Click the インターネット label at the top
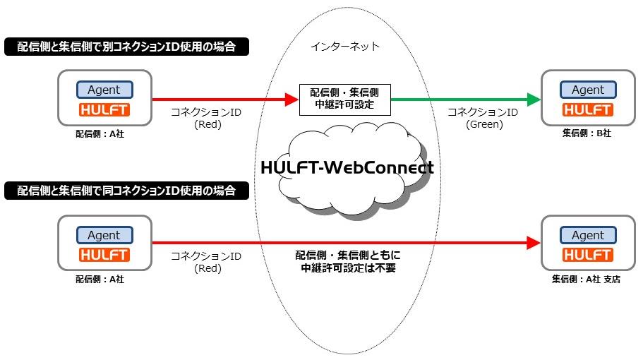pyautogui.click(x=345, y=47)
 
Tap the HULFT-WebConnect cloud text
pyautogui.click(x=347, y=167)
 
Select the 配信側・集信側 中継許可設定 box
pyautogui.click(x=345, y=100)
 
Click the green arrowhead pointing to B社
pyautogui.click(x=534, y=100)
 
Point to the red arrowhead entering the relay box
pyautogui.click(x=292, y=100)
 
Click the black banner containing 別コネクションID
pyautogui.click(x=127, y=47)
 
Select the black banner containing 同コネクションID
pyautogui.click(x=127, y=191)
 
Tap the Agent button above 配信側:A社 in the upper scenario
pyautogui.click(x=104, y=90)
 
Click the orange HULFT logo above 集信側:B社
pyautogui.click(x=588, y=110)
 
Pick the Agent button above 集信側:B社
pyautogui.click(x=588, y=90)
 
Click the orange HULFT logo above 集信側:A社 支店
pyautogui.click(x=588, y=255)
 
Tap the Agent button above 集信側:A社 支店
pyautogui.click(x=588, y=235)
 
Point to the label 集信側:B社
pyautogui.click(x=587, y=133)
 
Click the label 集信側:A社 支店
pyautogui.click(x=586, y=280)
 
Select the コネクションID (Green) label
pyautogui.click(x=483, y=118)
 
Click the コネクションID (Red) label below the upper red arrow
pyautogui.click(x=206, y=118)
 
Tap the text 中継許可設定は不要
pyautogui.click(x=348, y=268)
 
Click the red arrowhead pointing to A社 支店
pyautogui.click(x=534, y=243)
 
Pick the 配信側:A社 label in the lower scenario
pyautogui.click(x=100, y=280)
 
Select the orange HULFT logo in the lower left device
pyautogui.click(x=104, y=255)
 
